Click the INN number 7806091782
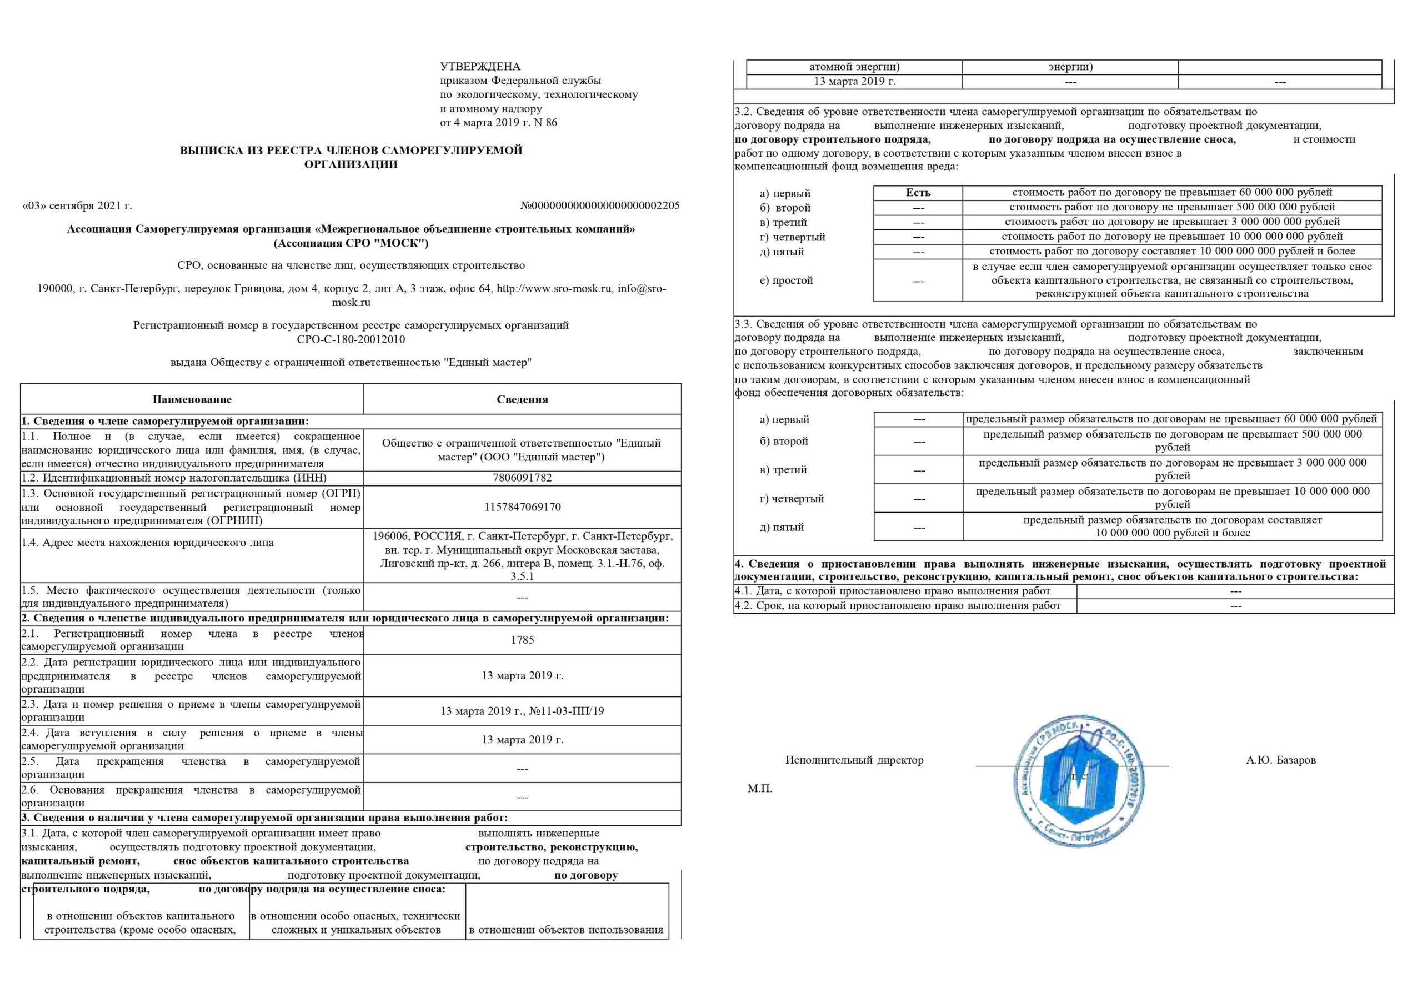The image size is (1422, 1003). tap(522, 478)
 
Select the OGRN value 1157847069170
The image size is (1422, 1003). tap(522, 507)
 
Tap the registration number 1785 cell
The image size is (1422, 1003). tap(522, 640)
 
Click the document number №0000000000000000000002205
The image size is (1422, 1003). tap(599, 205)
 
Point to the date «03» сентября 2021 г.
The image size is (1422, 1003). tap(77, 205)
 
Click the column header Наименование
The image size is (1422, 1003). tap(192, 399)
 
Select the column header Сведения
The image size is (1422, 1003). tap(522, 399)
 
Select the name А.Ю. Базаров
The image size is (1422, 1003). tap(1281, 760)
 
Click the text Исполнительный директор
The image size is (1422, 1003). tap(854, 760)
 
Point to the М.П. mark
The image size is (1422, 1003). tap(760, 789)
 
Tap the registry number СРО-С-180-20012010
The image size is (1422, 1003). tap(351, 339)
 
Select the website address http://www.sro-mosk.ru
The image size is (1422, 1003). tap(554, 289)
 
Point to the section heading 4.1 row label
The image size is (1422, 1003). tap(893, 591)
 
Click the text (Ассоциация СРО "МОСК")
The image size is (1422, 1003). tap(351, 243)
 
